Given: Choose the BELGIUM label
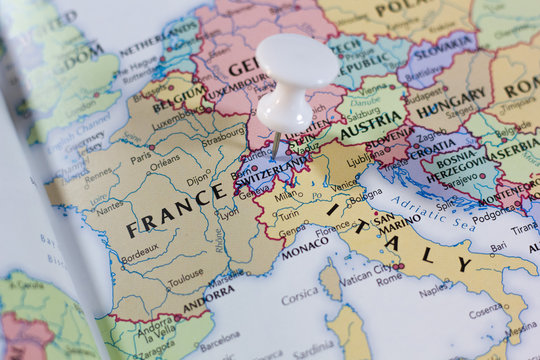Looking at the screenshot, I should (x=180, y=98).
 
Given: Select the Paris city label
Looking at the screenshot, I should (x=141, y=157).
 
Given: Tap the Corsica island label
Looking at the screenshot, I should (x=299, y=297).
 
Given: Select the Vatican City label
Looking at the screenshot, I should (x=364, y=269).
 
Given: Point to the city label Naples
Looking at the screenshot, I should (x=433, y=291).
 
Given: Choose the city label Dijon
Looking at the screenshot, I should (x=199, y=181).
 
